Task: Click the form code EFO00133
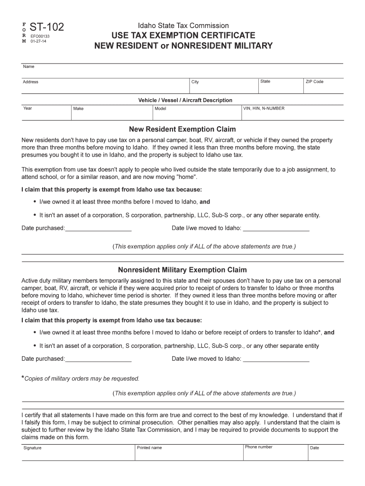point(40,36)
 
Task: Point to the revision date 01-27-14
point(38,41)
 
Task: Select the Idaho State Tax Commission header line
point(183,26)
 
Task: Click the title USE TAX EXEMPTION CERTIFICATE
point(183,36)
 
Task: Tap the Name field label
point(28,67)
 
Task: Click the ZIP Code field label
point(314,82)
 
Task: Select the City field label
point(195,82)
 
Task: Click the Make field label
point(78,109)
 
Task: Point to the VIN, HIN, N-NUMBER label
point(264,109)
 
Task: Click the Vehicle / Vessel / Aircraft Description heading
point(185,100)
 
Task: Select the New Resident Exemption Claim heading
point(182,129)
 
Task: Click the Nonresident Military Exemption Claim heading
point(182,270)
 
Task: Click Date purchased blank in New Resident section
point(98,228)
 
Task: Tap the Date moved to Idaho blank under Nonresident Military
point(276,359)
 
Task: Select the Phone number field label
point(258,447)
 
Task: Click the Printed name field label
point(149,448)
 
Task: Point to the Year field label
point(27,108)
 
